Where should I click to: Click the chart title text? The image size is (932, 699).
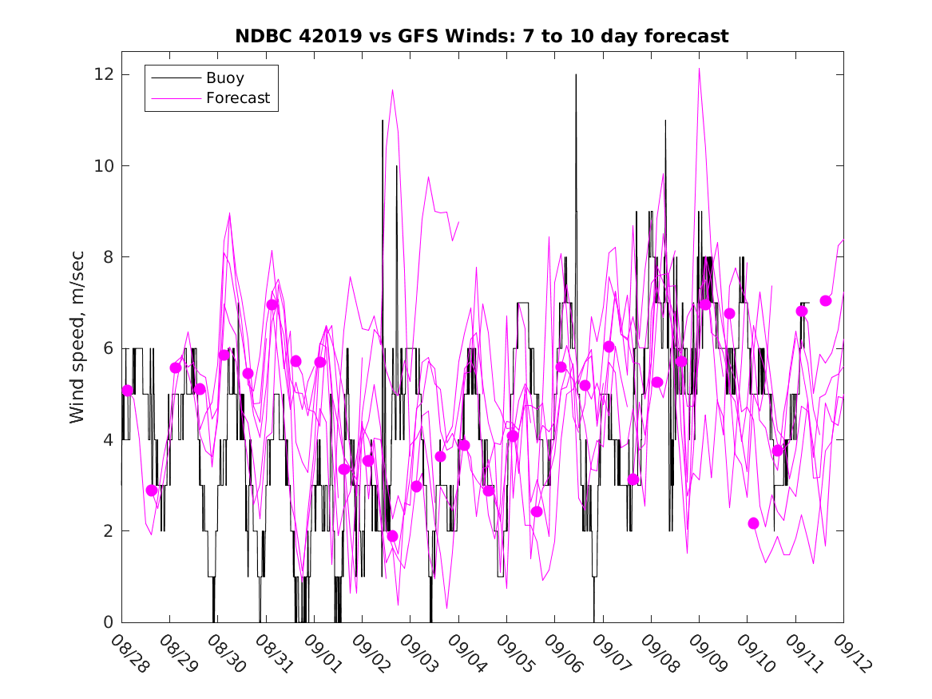(482, 37)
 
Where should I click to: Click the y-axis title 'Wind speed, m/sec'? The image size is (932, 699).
(77, 348)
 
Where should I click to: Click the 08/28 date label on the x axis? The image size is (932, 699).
(129, 653)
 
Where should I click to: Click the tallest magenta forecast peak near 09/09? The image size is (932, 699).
(699, 70)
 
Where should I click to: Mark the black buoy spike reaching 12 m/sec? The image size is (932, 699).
(576, 76)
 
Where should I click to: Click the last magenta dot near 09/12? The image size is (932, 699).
(826, 300)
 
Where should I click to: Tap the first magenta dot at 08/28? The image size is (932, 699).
(128, 391)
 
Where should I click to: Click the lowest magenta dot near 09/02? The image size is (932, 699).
(392, 536)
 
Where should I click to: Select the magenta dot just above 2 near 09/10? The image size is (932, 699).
(753, 523)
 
